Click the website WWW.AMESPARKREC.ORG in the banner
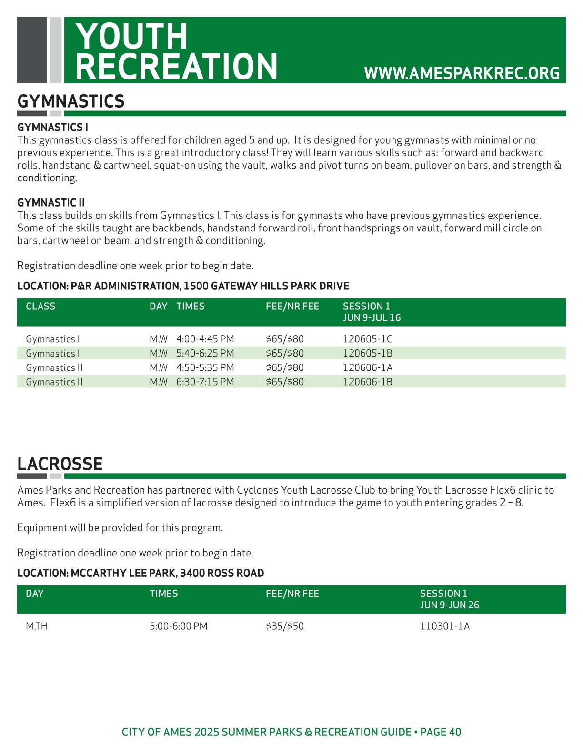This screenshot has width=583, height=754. coord(462,73)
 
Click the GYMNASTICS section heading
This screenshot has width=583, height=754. coord(71,101)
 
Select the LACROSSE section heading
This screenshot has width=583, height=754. coord(60,464)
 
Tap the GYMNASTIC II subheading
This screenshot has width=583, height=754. coord(51,203)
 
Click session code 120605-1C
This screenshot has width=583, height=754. coord(367,339)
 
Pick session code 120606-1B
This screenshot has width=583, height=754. coord(367,382)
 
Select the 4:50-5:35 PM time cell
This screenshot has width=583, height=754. coord(205,368)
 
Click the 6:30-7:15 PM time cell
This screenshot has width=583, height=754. coord(205,382)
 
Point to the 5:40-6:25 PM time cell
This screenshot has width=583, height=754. coord(205,354)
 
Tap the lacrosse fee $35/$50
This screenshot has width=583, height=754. coord(284,626)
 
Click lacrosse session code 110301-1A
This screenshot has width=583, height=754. coord(444,626)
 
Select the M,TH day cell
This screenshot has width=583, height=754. coord(37,626)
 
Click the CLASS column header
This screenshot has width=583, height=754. coord(40,307)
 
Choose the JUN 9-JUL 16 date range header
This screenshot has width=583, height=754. coord(372,318)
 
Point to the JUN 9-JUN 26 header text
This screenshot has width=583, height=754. coord(449,605)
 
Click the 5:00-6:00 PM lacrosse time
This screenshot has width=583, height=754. coord(178,626)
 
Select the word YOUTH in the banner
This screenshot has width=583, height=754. coord(131,36)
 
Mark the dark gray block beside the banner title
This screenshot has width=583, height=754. coord(32,50)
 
